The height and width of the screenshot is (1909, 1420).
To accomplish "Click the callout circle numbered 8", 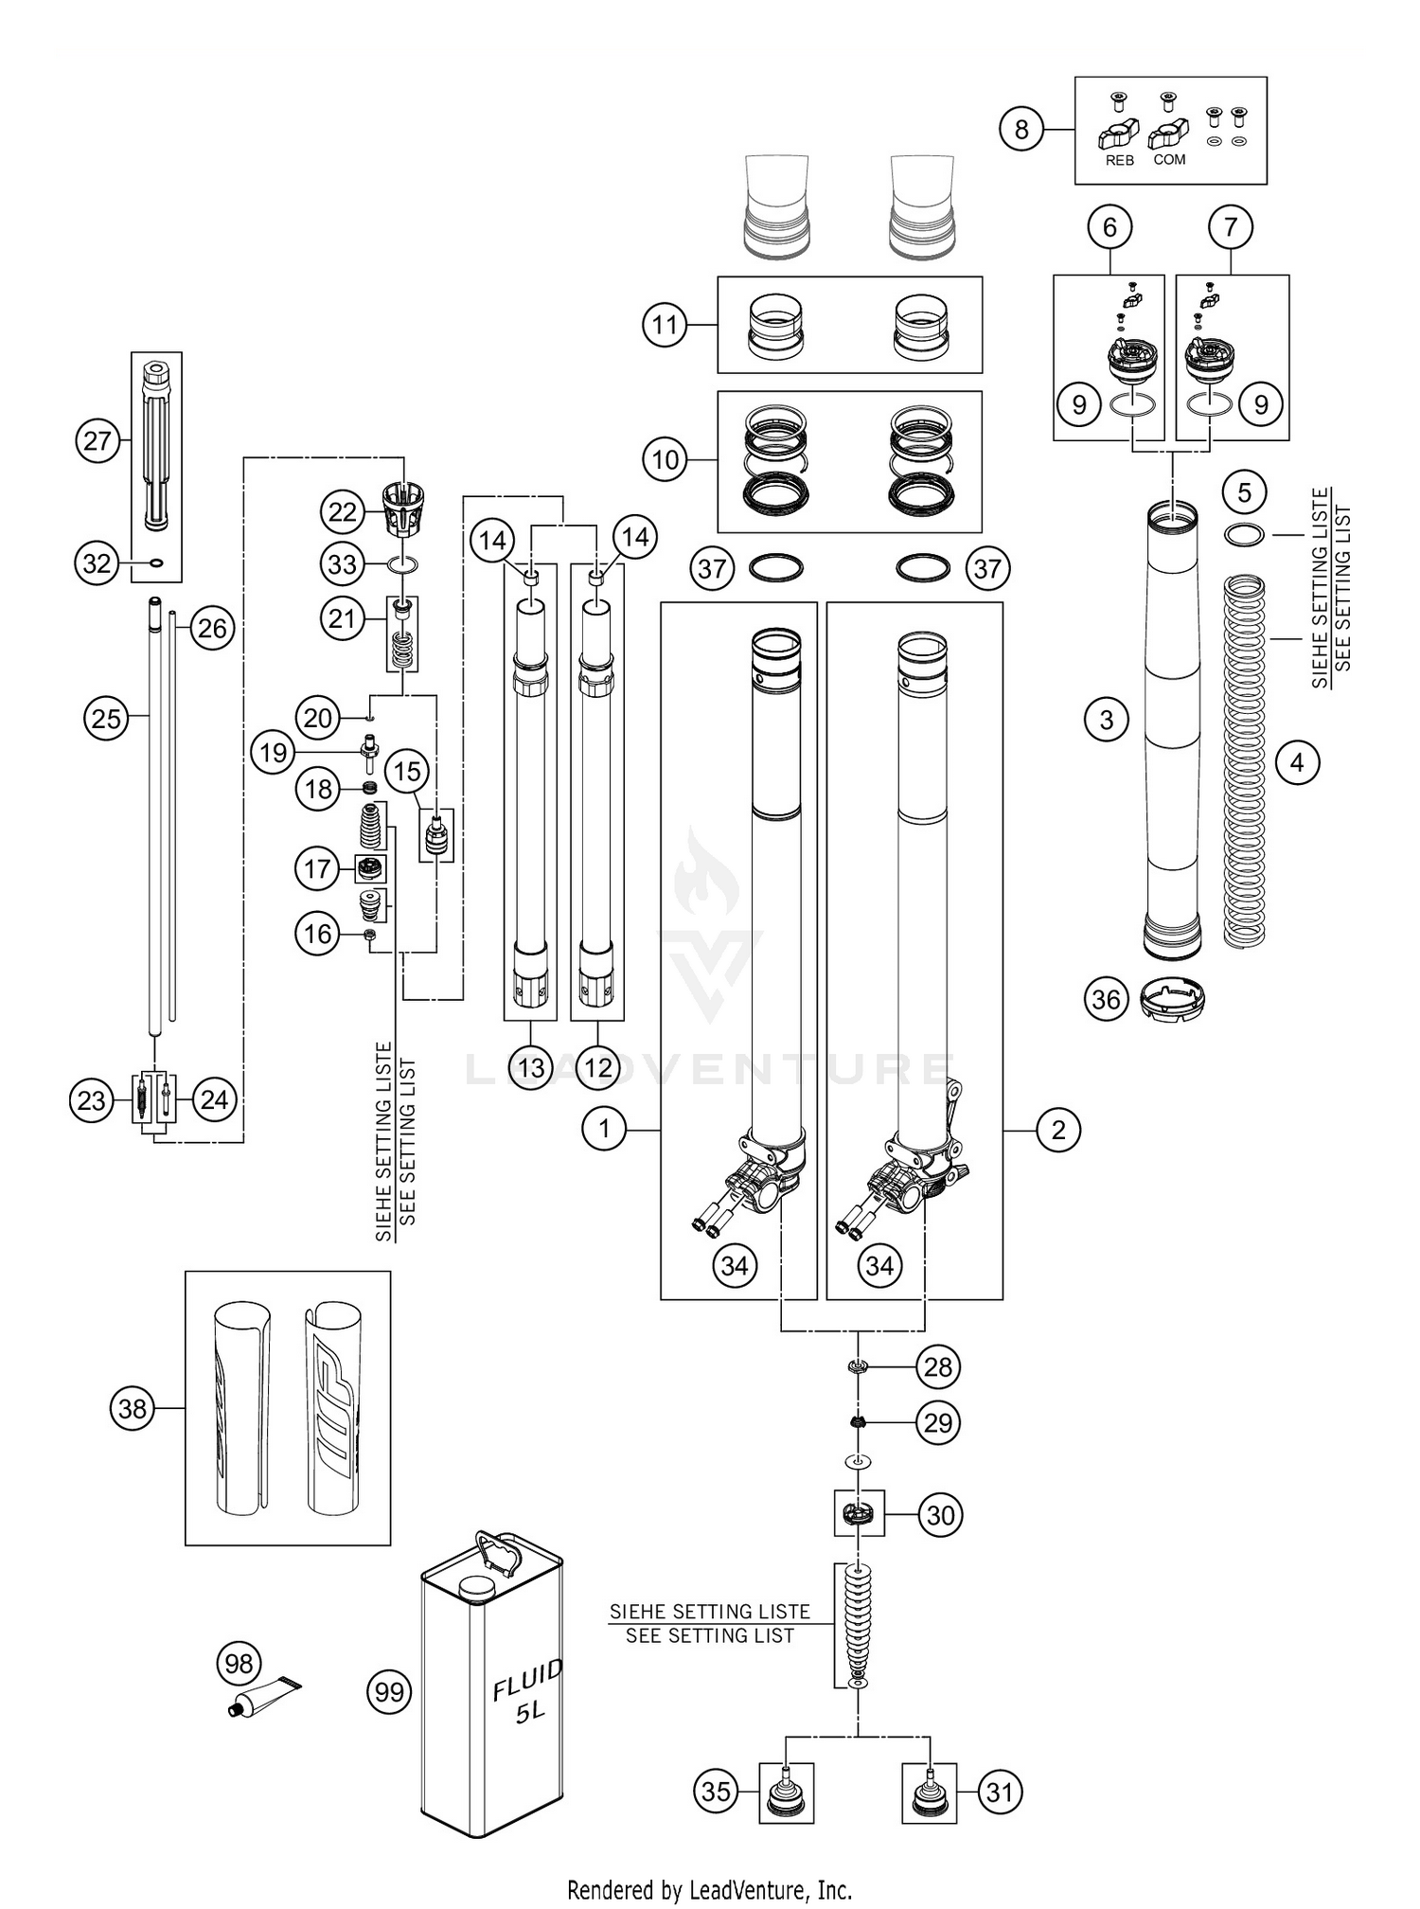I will click(x=1021, y=129).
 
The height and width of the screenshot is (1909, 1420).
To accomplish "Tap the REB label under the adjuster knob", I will click(x=1119, y=161).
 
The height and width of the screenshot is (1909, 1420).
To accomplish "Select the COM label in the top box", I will click(x=1169, y=160).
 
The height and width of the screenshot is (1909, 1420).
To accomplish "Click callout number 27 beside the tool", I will click(x=98, y=441).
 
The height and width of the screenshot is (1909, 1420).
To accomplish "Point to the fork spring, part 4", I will click(x=1245, y=762).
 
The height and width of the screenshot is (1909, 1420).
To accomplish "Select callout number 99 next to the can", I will click(x=389, y=1692).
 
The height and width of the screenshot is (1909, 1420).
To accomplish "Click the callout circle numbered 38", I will click(x=133, y=1408).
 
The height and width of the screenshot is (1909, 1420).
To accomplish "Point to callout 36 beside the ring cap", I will click(x=1106, y=999).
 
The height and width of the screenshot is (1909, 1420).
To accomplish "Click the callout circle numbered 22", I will click(x=342, y=512).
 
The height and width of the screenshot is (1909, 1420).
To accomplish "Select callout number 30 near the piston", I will click(x=939, y=1515).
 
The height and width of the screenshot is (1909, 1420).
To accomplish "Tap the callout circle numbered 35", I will click(x=717, y=1791).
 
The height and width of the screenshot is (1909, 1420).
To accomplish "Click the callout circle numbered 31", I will click(x=1000, y=1791).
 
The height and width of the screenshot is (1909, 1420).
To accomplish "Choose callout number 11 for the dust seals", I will click(x=665, y=325).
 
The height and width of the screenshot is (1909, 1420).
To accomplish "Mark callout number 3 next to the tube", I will click(x=1107, y=720).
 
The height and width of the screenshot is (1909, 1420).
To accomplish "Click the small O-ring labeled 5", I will click(x=1244, y=535).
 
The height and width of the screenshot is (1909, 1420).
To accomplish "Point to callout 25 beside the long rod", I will click(x=106, y=718).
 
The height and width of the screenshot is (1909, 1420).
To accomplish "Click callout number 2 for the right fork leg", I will click(x=1057, y=1129).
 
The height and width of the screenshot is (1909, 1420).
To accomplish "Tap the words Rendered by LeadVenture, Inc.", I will click(x=709, y=1890).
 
